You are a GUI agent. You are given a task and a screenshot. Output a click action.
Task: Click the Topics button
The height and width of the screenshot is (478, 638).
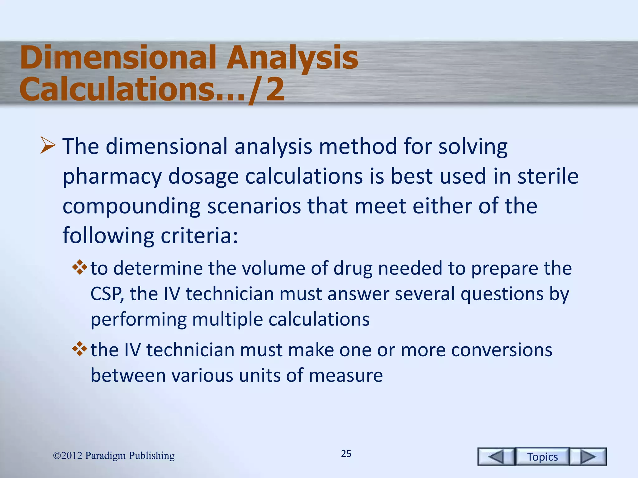542,457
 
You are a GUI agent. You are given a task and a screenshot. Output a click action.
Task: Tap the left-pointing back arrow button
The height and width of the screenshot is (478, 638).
496,457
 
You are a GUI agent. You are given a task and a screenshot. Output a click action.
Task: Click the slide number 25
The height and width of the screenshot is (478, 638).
346,454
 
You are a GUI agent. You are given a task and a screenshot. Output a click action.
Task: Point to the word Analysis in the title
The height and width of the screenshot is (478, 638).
292,58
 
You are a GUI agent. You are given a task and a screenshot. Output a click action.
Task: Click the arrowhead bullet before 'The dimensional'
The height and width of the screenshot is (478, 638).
48,146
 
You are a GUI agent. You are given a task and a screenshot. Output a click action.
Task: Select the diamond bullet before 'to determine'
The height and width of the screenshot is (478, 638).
79,267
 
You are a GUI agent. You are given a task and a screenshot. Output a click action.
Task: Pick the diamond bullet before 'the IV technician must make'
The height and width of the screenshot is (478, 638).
79,349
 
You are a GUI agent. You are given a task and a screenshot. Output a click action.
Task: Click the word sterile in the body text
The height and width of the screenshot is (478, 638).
548,176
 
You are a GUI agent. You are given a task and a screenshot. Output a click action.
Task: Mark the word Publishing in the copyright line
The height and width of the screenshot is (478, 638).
152,456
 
